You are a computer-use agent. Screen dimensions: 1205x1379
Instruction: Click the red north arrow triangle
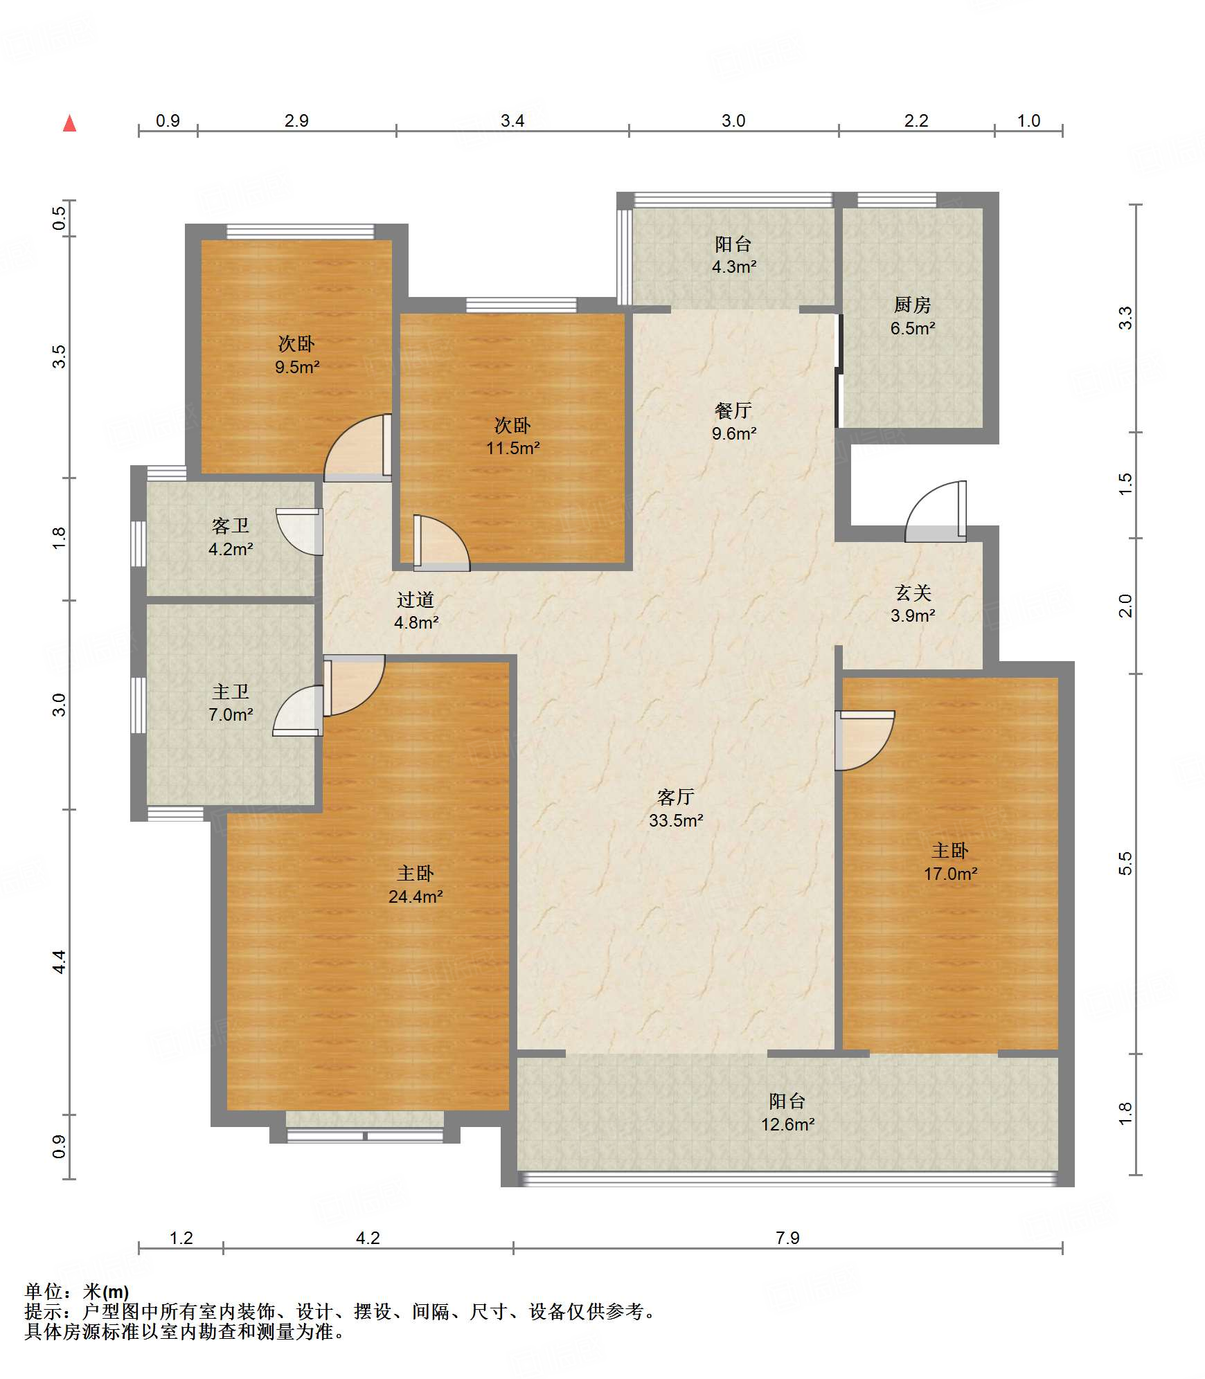pyautogui.click(x=69, y=123)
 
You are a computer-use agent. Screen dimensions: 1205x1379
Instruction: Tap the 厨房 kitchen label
pyautogui.click(x=912, y=305)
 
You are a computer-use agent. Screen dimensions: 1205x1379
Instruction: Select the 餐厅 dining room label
pyautogui.click(x=733, y=411)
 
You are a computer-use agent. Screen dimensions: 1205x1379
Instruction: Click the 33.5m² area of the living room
pyautogui.click(x=676, y=820)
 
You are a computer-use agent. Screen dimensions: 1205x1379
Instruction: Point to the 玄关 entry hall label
pyautogui.click(x=913, y=593)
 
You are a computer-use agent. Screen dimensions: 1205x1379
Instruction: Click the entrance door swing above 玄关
pyautogui.click(x=935, y=511)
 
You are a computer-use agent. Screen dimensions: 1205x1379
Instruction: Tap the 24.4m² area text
pyautogui.click(x=416, y=896)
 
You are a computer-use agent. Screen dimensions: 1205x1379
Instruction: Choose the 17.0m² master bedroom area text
pyautogui.click(x=950, y=874)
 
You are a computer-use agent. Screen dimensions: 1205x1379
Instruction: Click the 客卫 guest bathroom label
pyautogui.click(x=231, y=526)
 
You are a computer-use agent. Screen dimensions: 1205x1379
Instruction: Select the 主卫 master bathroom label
pyautogui.click(x=231, y=692)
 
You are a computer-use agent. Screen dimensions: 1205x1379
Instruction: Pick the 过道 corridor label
pyautogui.click(x=416, y=600)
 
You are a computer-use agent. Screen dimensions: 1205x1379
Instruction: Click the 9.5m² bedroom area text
pyautogui.click(x=297, y=367)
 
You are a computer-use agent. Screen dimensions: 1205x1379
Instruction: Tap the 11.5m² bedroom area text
pyautogui.click(x=512, y=448)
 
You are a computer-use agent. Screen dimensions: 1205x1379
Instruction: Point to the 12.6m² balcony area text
pyautogui.click(x=787, y=1124)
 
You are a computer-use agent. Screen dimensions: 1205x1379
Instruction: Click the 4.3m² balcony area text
pyautogui.click(x=734, y=267)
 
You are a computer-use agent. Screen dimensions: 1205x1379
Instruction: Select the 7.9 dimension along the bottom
pyautogui.click(x=787, y=1238)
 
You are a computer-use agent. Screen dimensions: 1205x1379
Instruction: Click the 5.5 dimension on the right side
pyautogui.click(x=1125, y=863)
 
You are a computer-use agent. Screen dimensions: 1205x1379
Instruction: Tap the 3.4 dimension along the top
pyautogui.click(x=512, y=120)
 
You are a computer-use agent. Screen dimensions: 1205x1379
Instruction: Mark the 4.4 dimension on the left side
pyautogui.click(x=60, y=962)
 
